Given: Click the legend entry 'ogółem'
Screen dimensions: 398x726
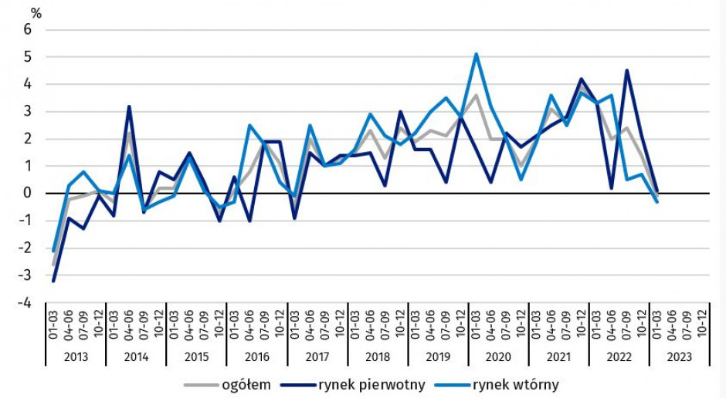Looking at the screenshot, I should point(246,384).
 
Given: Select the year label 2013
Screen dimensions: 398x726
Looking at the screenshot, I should point(76,357).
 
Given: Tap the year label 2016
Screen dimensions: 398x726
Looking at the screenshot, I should point(257,357).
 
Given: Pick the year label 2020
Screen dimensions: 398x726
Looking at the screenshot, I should point(498,357).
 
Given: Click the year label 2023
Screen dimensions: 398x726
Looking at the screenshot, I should point(679,357).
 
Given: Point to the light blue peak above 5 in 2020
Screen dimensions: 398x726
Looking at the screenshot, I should point(477,54).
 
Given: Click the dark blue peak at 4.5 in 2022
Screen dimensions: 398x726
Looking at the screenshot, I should point(626,70).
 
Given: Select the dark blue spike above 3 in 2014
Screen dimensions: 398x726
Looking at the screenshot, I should point(129,106).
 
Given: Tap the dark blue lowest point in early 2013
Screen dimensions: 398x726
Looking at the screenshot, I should point(53,281).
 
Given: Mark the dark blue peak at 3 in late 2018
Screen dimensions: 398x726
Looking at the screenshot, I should point(401,112).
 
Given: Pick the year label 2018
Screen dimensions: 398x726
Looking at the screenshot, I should point(378,357).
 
